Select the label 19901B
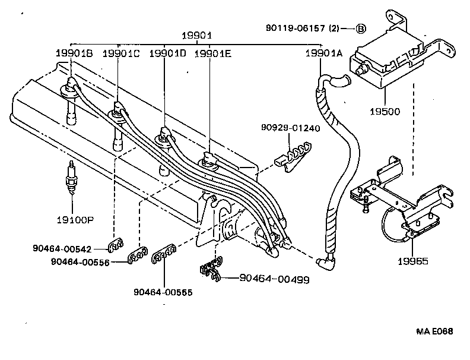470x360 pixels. [x=74, y=53]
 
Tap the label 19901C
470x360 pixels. [x=121, y=53]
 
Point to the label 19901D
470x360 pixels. [x=167, y=53]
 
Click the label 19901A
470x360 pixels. [x=324, y=53]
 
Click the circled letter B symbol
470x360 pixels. [x=361, y=28]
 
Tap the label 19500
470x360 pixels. [x=386, y=111]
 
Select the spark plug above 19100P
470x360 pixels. [x=72, y=178]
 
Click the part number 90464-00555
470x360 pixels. [x=163, y=292]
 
